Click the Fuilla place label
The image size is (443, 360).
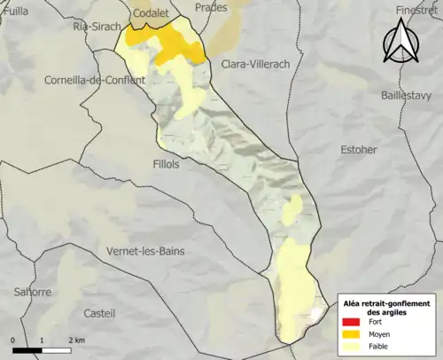pyautogui.click(x=15, y=10)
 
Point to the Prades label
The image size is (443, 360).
pyautogui.click(x=211, y=6)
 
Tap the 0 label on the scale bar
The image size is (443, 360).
pyautogui.click(x=13, y=340)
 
